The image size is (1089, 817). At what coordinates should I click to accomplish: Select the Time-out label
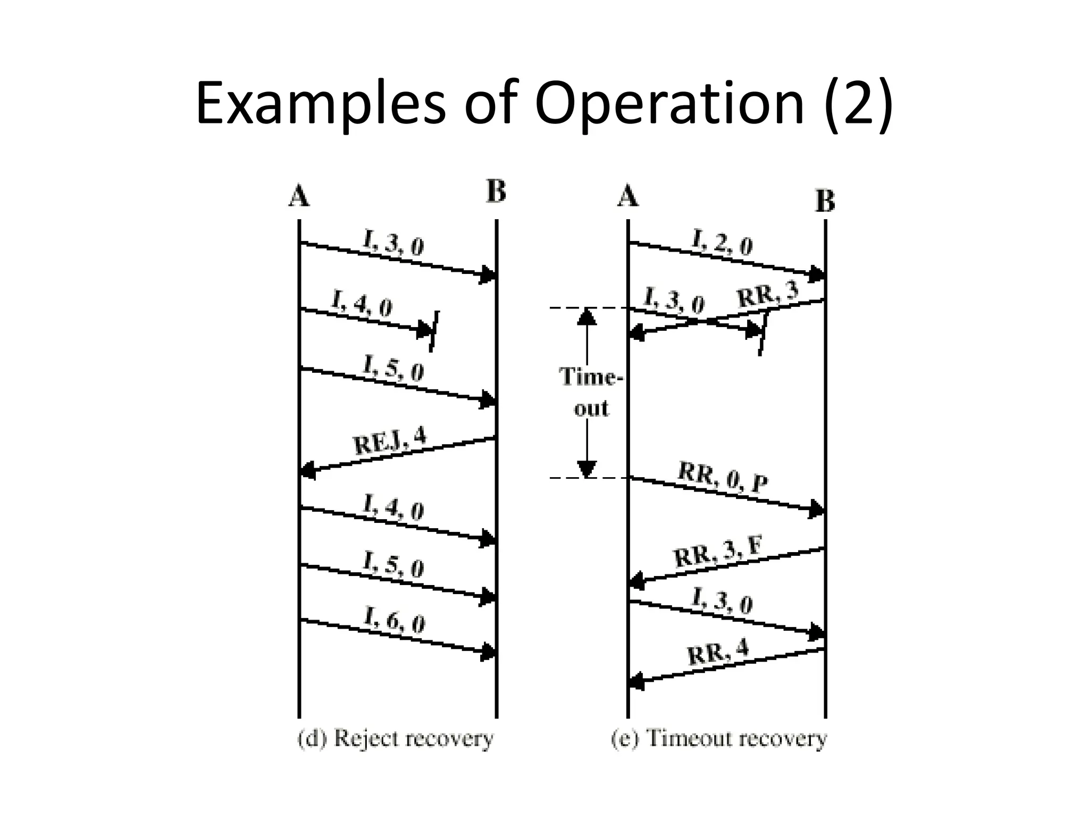[x=590, y=393]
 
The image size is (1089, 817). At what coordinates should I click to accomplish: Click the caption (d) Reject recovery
[x=395, y=739]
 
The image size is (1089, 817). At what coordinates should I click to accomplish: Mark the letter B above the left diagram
[x=496, y=191]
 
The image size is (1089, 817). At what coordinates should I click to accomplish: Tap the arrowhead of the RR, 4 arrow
[x=636, y=681]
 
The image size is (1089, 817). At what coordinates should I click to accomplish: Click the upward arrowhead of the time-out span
[x=587, y=316]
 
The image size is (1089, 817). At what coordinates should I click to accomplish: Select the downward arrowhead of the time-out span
[x=587, y=469]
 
